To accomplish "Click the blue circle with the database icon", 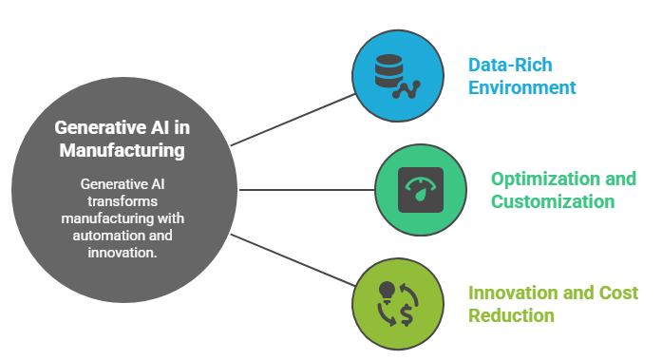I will [x=399, y=77].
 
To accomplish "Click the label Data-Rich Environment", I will [x=522, y=77].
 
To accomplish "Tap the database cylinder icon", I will [x=387, y=70].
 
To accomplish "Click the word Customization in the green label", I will [x=553, y=201].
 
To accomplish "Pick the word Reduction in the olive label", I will [x=511, y=314].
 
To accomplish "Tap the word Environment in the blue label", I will [x=522, y=88].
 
